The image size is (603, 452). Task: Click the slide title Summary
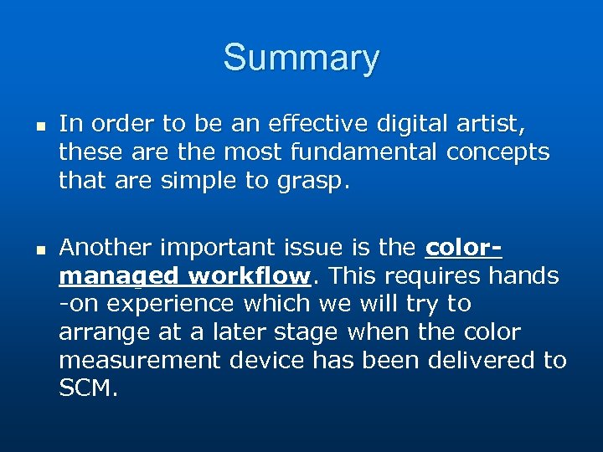point(301,59)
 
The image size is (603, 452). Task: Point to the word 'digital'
point(413,124)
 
